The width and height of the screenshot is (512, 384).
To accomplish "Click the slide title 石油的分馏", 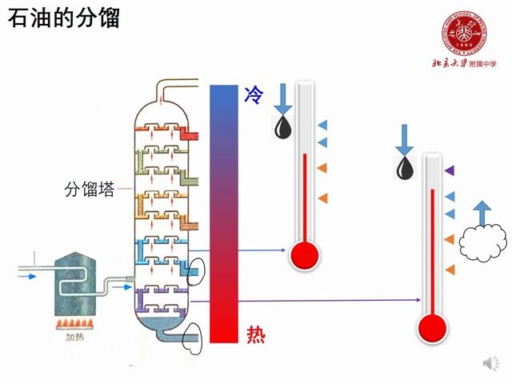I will (x=64, y=17).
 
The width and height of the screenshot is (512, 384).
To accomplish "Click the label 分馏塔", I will (x=89, y=190).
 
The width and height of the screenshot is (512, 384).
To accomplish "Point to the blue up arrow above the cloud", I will (x=482, y=212).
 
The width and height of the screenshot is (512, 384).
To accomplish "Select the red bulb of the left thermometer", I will (x=304, y=255).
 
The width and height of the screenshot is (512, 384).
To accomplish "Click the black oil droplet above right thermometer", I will (x=406, y=167).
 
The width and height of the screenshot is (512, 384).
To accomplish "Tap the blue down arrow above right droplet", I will (x=405, y=139).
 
